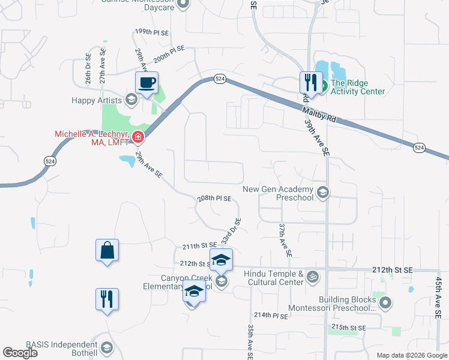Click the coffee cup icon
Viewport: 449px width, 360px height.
point(146,83)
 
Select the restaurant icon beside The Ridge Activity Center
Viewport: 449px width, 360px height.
point(310,82)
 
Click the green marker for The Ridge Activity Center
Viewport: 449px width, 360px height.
point(322,87)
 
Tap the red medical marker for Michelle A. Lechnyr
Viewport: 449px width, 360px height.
point(138,138)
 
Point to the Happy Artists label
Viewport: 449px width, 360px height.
point(96,100)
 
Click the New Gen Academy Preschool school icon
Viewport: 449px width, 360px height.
point(323,192)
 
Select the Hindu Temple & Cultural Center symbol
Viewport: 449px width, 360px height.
point(312,277)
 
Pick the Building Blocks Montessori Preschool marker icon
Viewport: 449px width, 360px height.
point(385,303)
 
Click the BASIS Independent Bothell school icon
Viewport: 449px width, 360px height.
point(107,347)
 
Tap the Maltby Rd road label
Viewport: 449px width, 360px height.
point(319,114)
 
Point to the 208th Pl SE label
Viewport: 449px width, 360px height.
point(214,199)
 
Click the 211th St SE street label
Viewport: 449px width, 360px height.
point(199,246)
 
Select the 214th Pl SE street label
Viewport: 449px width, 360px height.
point(271,315)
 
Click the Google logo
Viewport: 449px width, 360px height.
point(20,353)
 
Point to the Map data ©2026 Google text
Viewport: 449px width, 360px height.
point(411,355)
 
